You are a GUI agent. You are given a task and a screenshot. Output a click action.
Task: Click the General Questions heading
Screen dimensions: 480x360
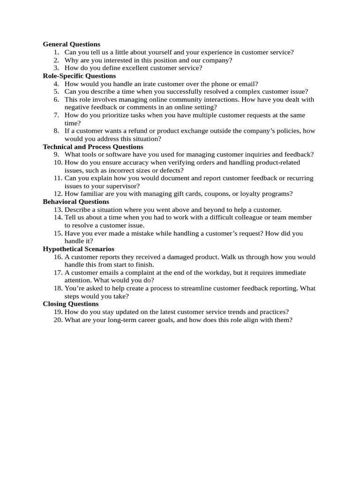71,44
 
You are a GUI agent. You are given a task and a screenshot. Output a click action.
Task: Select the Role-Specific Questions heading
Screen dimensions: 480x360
79,75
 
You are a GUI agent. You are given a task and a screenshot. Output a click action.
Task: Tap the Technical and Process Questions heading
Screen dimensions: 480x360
93,147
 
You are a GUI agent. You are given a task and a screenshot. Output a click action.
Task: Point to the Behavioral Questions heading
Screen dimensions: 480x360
76,202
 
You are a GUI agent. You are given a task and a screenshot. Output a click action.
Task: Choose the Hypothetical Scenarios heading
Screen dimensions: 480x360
78,249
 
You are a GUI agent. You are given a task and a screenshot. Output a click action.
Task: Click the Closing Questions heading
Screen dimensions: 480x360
71,304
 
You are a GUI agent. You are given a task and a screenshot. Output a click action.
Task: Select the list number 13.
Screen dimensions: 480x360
58,210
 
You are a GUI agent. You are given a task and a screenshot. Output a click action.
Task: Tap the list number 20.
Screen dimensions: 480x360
58,320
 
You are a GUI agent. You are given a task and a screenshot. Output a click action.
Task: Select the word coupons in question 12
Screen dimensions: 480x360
217,194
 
